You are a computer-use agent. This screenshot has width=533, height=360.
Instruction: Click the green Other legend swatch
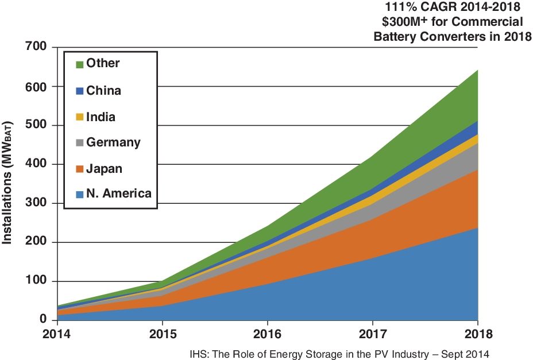80,64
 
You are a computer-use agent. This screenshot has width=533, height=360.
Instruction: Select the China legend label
103,90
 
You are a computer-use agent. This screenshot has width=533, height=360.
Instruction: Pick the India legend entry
101,117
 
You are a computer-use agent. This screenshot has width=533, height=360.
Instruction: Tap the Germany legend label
113,142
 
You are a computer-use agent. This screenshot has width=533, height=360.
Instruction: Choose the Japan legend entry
104,168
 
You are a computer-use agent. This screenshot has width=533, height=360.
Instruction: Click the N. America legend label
118,193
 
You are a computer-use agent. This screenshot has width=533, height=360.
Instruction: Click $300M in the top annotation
401,22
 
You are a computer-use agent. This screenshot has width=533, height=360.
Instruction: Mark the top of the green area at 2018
478,71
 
